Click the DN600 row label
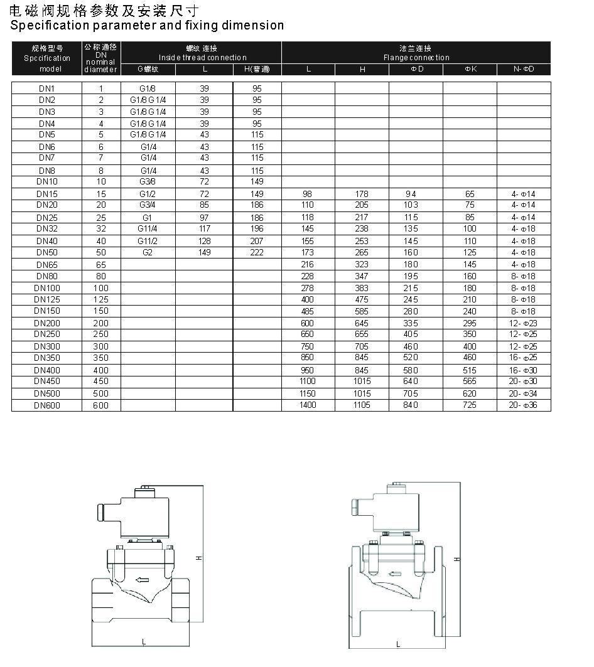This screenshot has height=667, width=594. click(46, 405)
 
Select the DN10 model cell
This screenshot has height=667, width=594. click(46, 182)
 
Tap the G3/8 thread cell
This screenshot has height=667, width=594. click(148, 182)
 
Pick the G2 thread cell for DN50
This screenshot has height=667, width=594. click(148, 252)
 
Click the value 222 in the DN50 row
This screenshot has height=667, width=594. click(257, 252)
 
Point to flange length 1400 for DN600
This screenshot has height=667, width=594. click(308, 405)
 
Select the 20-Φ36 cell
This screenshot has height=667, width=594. click(524, 405)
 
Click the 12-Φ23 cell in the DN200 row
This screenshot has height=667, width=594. click(524, 323)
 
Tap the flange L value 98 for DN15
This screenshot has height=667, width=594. click(307, 195)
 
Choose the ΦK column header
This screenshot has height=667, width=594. click(470, 69)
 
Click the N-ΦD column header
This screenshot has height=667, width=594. click(524, 69)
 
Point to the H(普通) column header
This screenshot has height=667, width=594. click(257, 69)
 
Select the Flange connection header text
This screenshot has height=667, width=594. click(416, 58)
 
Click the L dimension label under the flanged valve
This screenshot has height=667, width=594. click(398, 644)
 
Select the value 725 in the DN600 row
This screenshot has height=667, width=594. click(470, 405)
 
